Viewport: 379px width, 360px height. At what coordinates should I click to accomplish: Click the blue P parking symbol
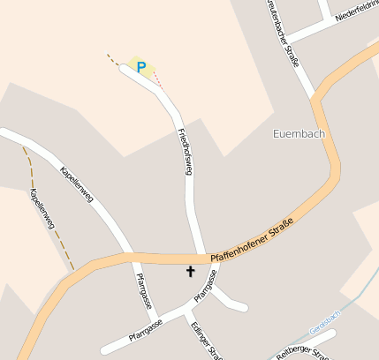click(x=140, y=66)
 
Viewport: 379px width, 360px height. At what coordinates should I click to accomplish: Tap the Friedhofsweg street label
click(x=185, y=153)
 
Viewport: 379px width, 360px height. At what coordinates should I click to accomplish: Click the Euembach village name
click(x=294, y=134)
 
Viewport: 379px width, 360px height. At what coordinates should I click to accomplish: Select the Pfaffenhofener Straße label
click(x=252, y=244)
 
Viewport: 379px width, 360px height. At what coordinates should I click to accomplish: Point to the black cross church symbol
click(x=190, y=272)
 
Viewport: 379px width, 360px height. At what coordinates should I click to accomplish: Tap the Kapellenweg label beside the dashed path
click(x=42, y=209)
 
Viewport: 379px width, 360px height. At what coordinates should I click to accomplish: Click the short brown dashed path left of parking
click(x=113, y=59)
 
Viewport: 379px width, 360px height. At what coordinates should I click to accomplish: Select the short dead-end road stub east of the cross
click(x=231, y=302)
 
